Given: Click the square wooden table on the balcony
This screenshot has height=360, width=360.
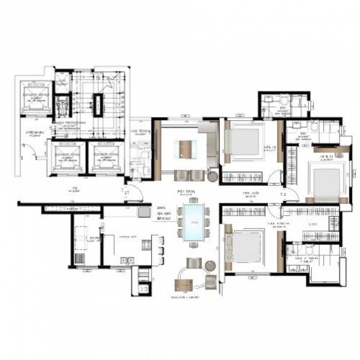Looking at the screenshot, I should [x=184, y=285].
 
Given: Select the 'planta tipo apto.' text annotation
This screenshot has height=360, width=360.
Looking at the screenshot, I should [x=164, y=213].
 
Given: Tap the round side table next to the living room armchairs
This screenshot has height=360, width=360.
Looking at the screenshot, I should [x=212, y=176].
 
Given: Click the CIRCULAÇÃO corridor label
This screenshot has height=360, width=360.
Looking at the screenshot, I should [x=252, y=194].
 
